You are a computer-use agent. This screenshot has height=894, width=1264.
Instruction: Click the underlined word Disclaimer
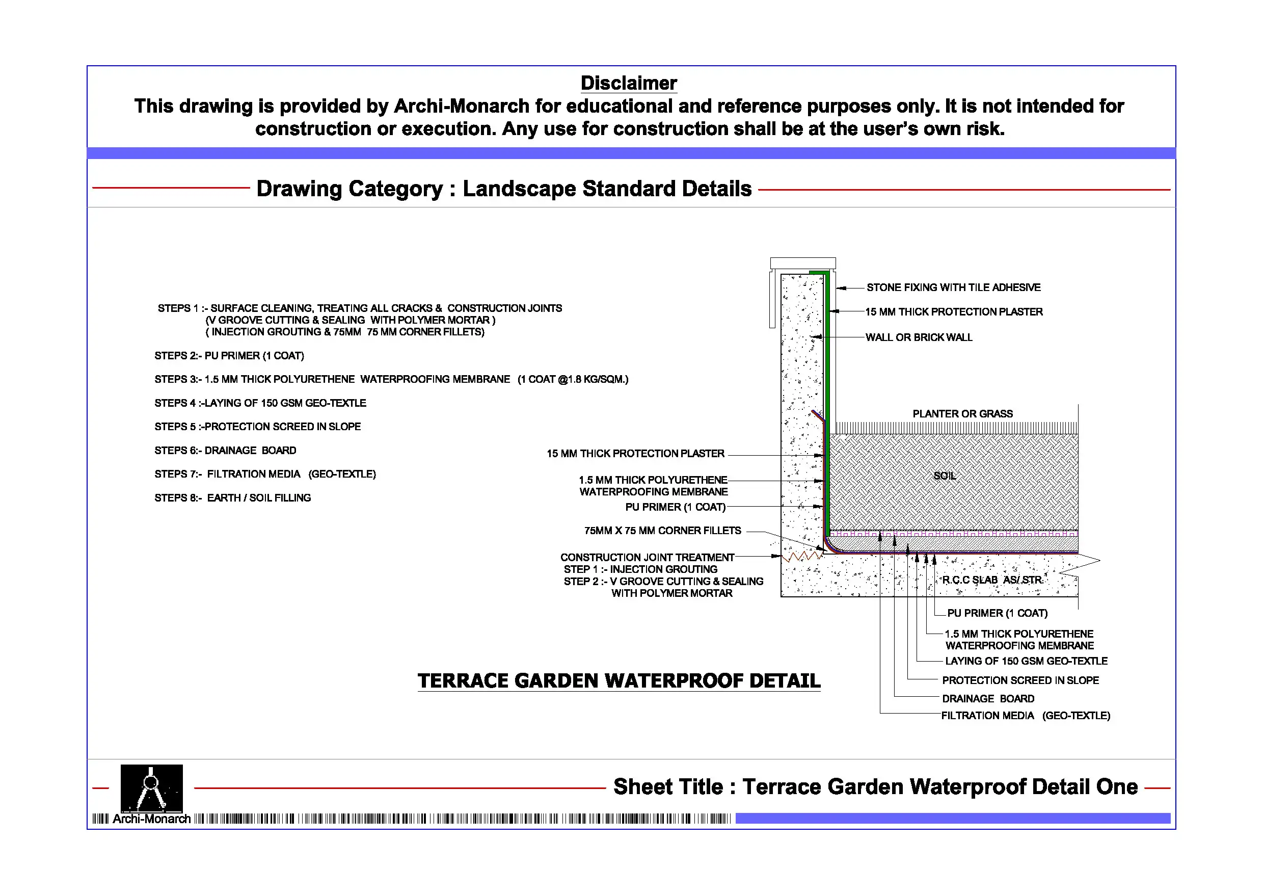tap(628, 83)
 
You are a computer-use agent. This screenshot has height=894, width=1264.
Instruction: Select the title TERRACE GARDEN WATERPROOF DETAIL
tap(619, 681)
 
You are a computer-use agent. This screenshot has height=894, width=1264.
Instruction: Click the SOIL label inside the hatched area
tap(945, 476)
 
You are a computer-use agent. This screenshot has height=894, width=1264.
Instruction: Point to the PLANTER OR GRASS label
tap(962, 414)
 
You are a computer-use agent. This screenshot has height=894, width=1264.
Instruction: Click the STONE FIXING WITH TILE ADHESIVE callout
tap(954, 287)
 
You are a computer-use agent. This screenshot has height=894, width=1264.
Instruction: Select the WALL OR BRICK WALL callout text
tap(919, 337)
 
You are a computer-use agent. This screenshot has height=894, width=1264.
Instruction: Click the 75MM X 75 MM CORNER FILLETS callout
tap(662, 531)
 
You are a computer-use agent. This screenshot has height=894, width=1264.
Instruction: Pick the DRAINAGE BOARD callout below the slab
tap(988, 698)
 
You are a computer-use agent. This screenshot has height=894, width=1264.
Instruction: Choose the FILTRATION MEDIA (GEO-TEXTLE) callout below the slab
tap(1025, 716)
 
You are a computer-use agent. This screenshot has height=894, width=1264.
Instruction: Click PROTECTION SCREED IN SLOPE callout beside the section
tap(1020, 680)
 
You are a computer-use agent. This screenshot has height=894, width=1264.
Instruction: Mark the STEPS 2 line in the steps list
tap(229, 356)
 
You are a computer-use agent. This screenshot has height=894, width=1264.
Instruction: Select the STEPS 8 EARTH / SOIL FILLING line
tap(232, 498)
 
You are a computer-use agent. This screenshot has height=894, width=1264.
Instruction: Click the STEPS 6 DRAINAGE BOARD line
tap(225, 451)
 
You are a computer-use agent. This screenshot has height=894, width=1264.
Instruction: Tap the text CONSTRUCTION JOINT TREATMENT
tap(647, 558)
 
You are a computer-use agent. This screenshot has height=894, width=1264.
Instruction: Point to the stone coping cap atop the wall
tap(802, 264)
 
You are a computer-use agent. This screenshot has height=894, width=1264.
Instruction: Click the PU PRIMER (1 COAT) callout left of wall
tap(675, 507)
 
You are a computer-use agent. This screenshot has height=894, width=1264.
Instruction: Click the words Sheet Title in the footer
tap(668, 786)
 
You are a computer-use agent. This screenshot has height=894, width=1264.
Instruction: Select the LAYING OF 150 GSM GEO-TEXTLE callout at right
tap(1026, 661)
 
